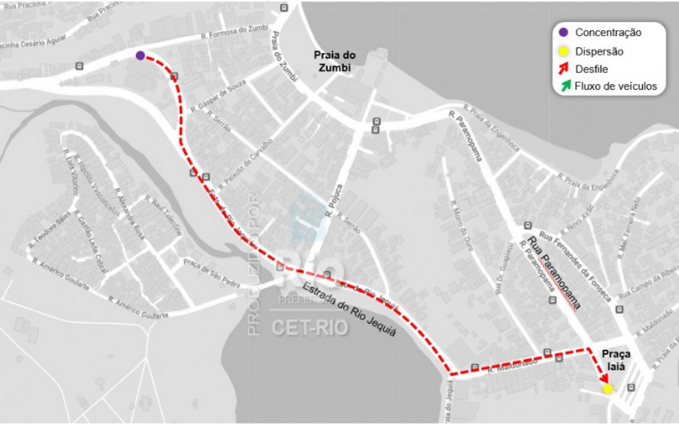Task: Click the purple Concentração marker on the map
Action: (140, 55)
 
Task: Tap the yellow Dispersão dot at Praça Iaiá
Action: (608, 389)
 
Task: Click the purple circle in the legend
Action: (563, 32)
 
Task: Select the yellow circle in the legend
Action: (563, 52)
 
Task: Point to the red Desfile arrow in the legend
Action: (564, 69)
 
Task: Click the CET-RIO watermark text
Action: (310, 327)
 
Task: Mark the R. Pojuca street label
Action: (334, 201)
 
